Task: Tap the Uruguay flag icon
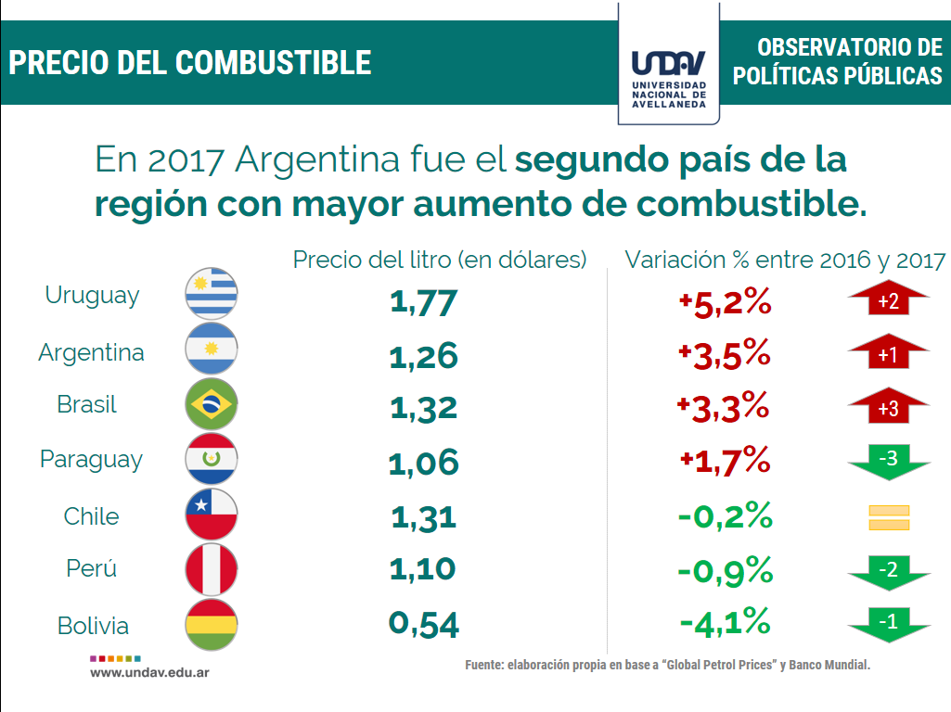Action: tap(212, 294)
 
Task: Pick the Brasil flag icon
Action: tap(212, 403)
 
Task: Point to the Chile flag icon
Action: tap(212, 515)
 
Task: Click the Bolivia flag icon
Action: tap(212, 625)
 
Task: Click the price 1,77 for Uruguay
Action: tap(424, 302)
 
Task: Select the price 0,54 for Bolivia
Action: tap(424, 624)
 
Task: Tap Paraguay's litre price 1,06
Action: tap(424, 461)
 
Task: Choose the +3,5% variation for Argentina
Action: tap(725, 354)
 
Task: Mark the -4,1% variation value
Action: tap(725, 621)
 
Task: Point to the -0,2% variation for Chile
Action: tap(725, 515)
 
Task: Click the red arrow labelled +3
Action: tap(888, 409)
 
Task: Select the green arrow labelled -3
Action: tap(888, 460)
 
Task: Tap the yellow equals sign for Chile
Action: tap(888, 517)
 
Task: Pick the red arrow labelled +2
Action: tap(888, 300)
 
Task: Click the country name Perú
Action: tap(92, 568)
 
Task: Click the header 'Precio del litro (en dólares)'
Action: tap(440, 260)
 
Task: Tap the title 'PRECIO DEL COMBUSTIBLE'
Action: tap(190, 62)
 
